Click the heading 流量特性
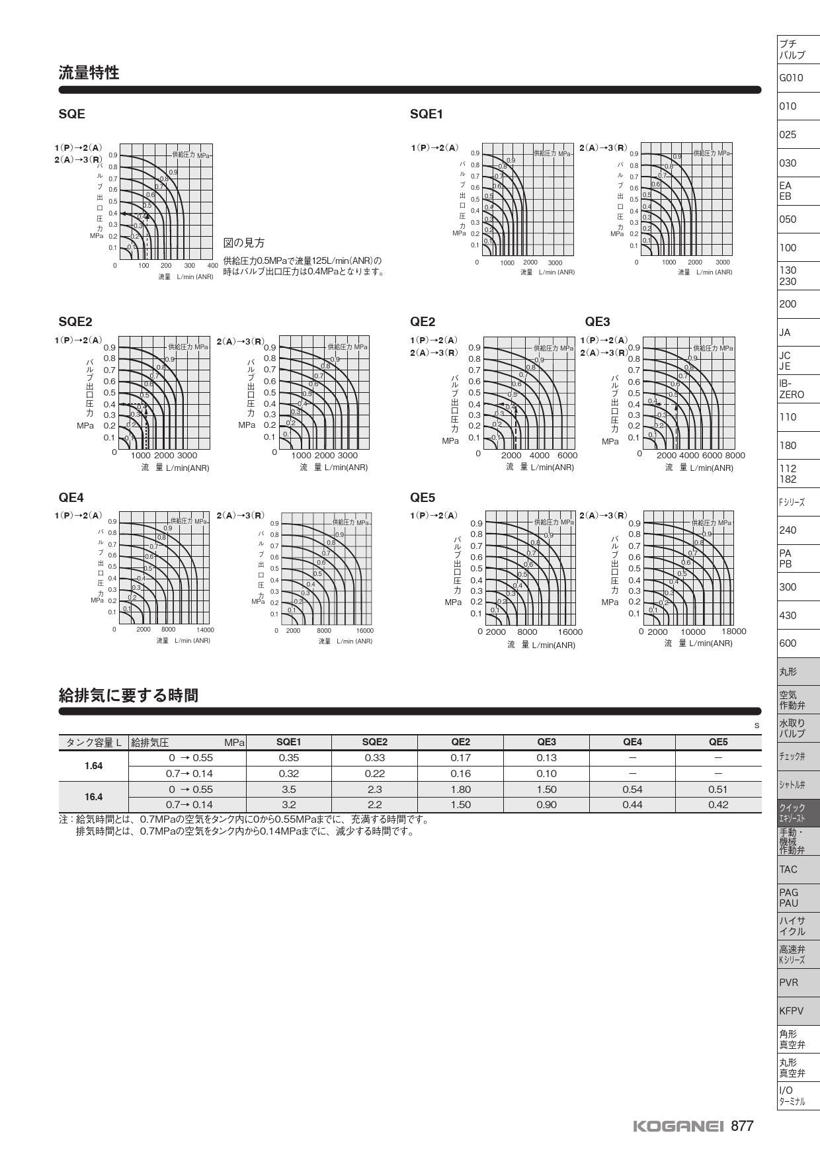[x=89, y=73]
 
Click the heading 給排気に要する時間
[x=128, y=695]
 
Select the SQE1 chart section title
[x=426, y=114]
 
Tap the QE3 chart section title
[x=597, y=321]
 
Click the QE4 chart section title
[x=71, y=497]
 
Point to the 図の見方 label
[x=244, y=243]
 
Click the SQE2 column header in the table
[x=374, y=742]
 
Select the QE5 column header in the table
[x=717, y=742]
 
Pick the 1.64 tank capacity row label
[x=93, y=766]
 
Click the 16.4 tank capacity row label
[x=93, y=797]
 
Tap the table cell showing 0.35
[x=288, y=758]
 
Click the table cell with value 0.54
[x=632, y=789]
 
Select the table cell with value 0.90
[x=546, y=805]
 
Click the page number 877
[x=742, y=1126]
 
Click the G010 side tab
[x=791, y=78]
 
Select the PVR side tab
[x=789, y=982]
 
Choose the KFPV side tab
[x=791, y=1011]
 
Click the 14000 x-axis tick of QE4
[x=205, y=630]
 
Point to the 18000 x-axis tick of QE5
[x=733, y=632]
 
